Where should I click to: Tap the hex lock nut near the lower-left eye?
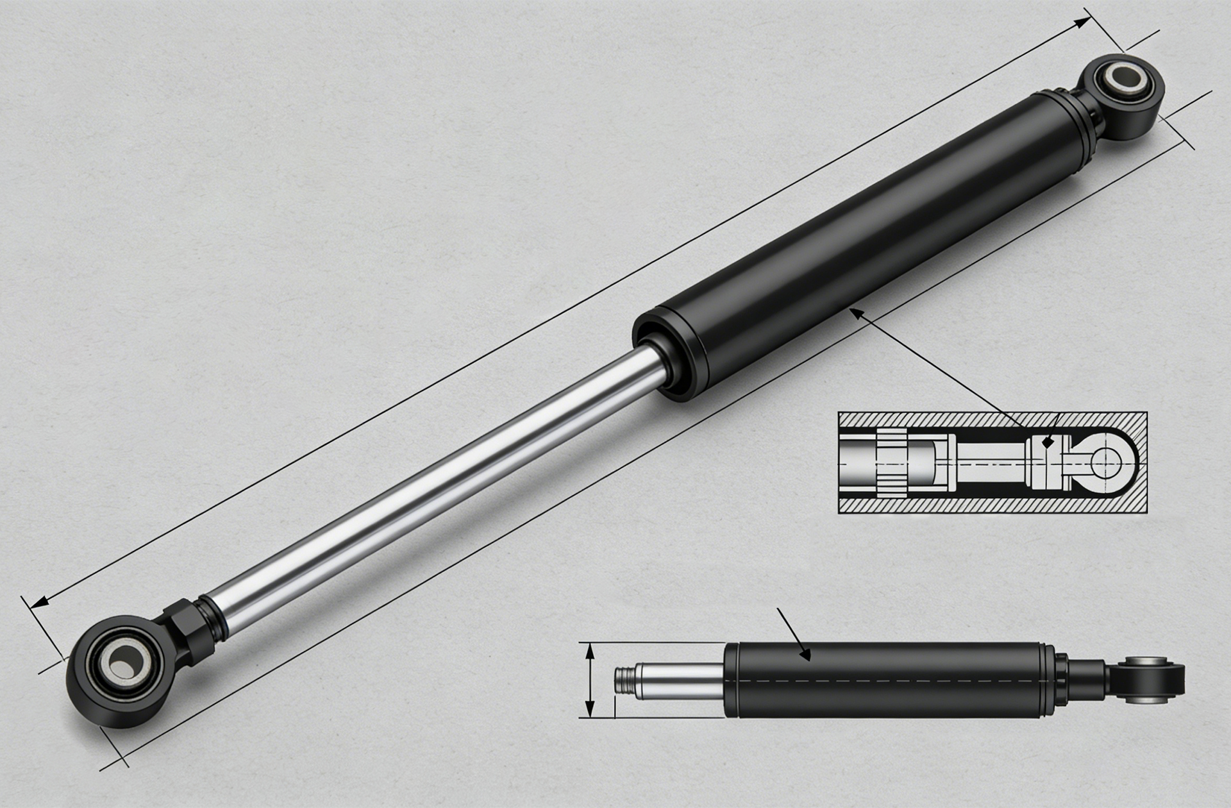point(187,629)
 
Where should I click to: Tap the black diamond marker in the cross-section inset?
point(1047,442)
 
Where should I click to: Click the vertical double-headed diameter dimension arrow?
point(590,681)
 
